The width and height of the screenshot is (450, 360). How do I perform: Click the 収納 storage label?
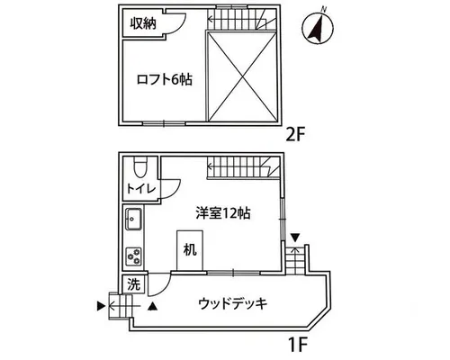coord(143,23)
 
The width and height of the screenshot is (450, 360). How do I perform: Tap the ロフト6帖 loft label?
coord(165,80)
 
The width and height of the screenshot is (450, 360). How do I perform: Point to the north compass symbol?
coord(318,29)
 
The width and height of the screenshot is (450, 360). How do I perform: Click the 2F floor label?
coord(295,134)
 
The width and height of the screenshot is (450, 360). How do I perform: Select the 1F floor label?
coord(298,345)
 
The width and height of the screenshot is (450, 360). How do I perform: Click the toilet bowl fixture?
coord(140,167)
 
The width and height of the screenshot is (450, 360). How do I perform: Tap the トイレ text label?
coord(141,189)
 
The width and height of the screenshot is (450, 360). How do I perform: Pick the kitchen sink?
coord(133,219)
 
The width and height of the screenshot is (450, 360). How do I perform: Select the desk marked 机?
coord(190,250)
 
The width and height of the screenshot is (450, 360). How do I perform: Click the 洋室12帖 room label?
coord(223,213)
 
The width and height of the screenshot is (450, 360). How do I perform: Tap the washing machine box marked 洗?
coord(134,284)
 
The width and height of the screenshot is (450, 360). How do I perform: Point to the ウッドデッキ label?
coord(233,303)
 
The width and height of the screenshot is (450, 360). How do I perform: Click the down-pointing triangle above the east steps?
coord(295,238)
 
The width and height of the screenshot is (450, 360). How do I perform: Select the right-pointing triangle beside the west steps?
coord(101,306)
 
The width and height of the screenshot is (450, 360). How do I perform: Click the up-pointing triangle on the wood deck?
coord(153,306)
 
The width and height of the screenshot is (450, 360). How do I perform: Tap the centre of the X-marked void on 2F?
coord(242,76)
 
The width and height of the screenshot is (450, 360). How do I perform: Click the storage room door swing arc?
coord(179,25)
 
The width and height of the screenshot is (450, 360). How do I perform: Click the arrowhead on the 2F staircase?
coord(210,20)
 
